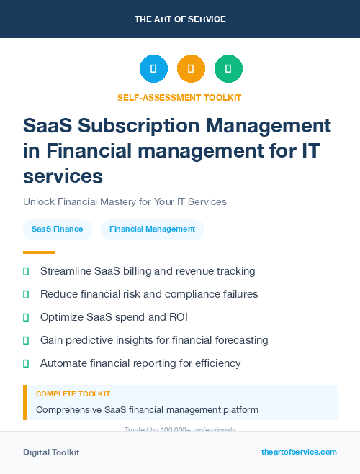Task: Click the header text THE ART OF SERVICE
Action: (180, 19)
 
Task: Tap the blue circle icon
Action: (153, 69)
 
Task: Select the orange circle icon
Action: (191, 69)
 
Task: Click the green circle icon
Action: (228, 69)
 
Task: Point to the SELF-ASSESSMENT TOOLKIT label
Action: (179, 97)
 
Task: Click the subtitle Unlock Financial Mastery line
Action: (125, 201)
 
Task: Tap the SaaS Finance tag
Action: (58, 229)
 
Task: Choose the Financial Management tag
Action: (152, 229)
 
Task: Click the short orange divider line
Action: (39, 252)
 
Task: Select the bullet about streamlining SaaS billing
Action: (148, 271)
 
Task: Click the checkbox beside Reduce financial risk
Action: (26, 294)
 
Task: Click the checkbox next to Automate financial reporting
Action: (26, 363)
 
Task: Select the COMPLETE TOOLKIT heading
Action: (73, 394)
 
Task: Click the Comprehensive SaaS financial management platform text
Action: (147, 410)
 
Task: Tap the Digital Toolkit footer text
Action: (51, 452)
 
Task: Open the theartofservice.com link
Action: (299, 452)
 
